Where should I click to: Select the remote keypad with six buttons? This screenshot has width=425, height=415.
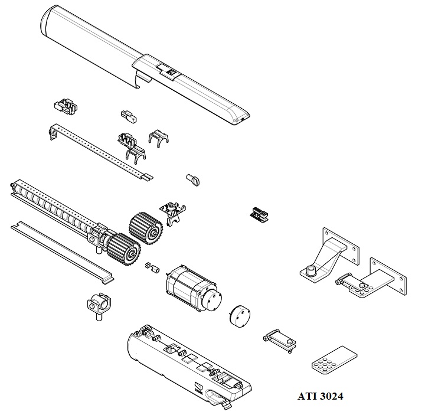tap(333, 361)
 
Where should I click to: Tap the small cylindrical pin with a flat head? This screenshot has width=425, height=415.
tap(193, 179)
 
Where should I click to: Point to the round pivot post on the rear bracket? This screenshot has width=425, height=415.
tap(309, 272)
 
